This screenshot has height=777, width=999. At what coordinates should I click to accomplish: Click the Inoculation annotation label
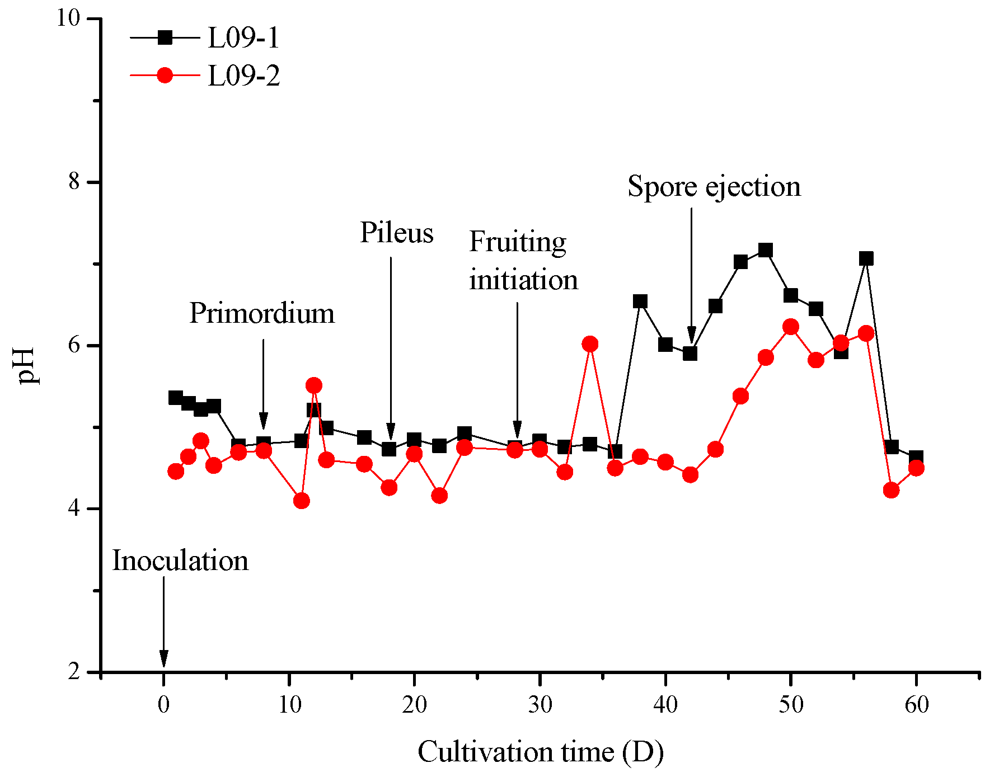pyautogui.click(x=180, y=561)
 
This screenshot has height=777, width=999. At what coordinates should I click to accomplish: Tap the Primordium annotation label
pyautogui.click(x=262, y=313)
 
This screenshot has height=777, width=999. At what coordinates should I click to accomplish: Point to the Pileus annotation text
pyautogui.click(x=396, y=233)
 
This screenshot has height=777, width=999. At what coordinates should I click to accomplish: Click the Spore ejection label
pyautogui.click(x=714, y=186)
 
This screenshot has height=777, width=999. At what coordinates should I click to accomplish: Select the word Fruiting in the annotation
pyautogui.click(x=518, y=242)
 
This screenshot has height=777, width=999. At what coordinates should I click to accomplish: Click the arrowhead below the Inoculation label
pyautogui.click(x=164, y=659)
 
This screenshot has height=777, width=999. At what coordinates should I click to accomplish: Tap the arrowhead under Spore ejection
pyautogui.click(x=692, y=335)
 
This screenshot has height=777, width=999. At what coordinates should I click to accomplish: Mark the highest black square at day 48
pyautogui.click(x=766, y=250)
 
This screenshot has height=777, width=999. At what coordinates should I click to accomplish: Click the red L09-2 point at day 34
pyautogui.click(x=590, y=344)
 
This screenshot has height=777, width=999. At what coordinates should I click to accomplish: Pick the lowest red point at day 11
pyautogui.click(x=301, y=501)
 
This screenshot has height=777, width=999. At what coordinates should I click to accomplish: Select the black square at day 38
pyautogui.click(x=640, y=302)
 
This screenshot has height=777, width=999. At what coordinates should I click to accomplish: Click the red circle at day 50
pyautogui.click(x=791, y=327)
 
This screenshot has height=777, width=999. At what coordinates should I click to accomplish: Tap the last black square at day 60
pyautogui.click(x=916, y=457)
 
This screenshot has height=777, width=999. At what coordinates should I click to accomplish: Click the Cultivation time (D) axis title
pyautogui.click(x=540, y=752)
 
